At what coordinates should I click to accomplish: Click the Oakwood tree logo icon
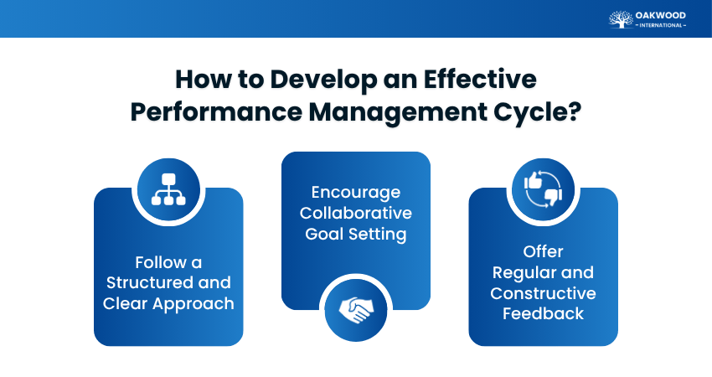tap(621, 18)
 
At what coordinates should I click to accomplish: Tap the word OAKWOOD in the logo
tap(660, 14)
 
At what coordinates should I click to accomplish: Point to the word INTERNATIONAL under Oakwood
tap(660, 25)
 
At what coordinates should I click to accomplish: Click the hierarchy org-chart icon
tap(168, 190)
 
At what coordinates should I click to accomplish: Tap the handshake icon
tap(356, 310)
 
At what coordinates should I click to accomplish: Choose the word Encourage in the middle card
tap(355, 192)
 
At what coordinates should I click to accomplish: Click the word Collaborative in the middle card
tap(355, 213)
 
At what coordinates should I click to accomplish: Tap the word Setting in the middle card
tap(379, 234)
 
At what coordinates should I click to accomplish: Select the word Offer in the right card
tap(543, 251)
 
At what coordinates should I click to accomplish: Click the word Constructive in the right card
tap(543, 293)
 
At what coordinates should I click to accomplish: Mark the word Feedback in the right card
tap(543, 314)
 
